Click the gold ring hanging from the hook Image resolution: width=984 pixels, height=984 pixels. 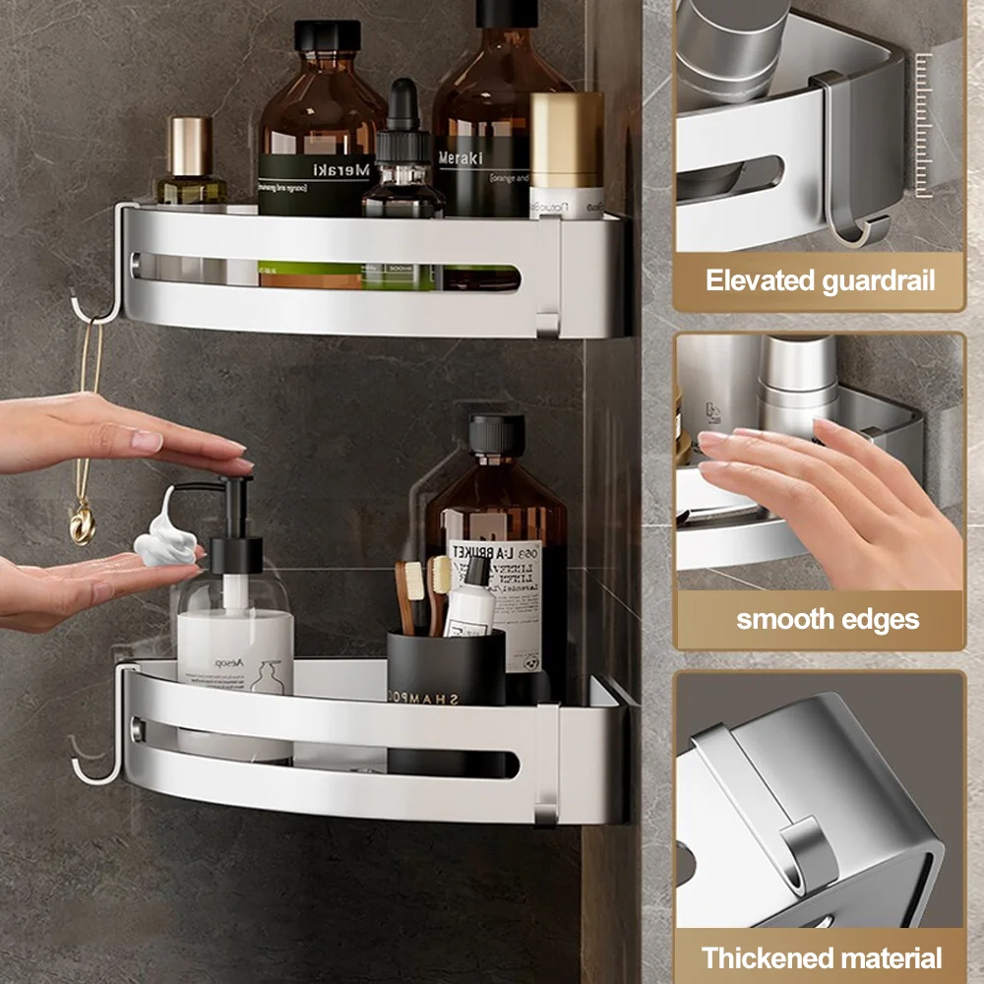click(x=82, y=523)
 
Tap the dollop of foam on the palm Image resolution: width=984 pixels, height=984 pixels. click(x=164, y=542)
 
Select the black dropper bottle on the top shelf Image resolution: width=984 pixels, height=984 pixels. click(x=401, y=157)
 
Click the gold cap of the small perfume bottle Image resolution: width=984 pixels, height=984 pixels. click(x=190, y=146)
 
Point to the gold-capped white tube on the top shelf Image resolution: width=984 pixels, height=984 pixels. click(x=567, y=153)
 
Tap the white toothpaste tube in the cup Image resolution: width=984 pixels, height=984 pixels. click(x=470, y=605)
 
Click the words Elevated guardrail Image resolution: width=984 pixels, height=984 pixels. click(x=820, y=280)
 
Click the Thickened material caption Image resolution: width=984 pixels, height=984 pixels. click(x=820, y=957)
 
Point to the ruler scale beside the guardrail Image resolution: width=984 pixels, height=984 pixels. click(x=922, y=123)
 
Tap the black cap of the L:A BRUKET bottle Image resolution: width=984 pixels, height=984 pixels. click(x=496, y=434)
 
